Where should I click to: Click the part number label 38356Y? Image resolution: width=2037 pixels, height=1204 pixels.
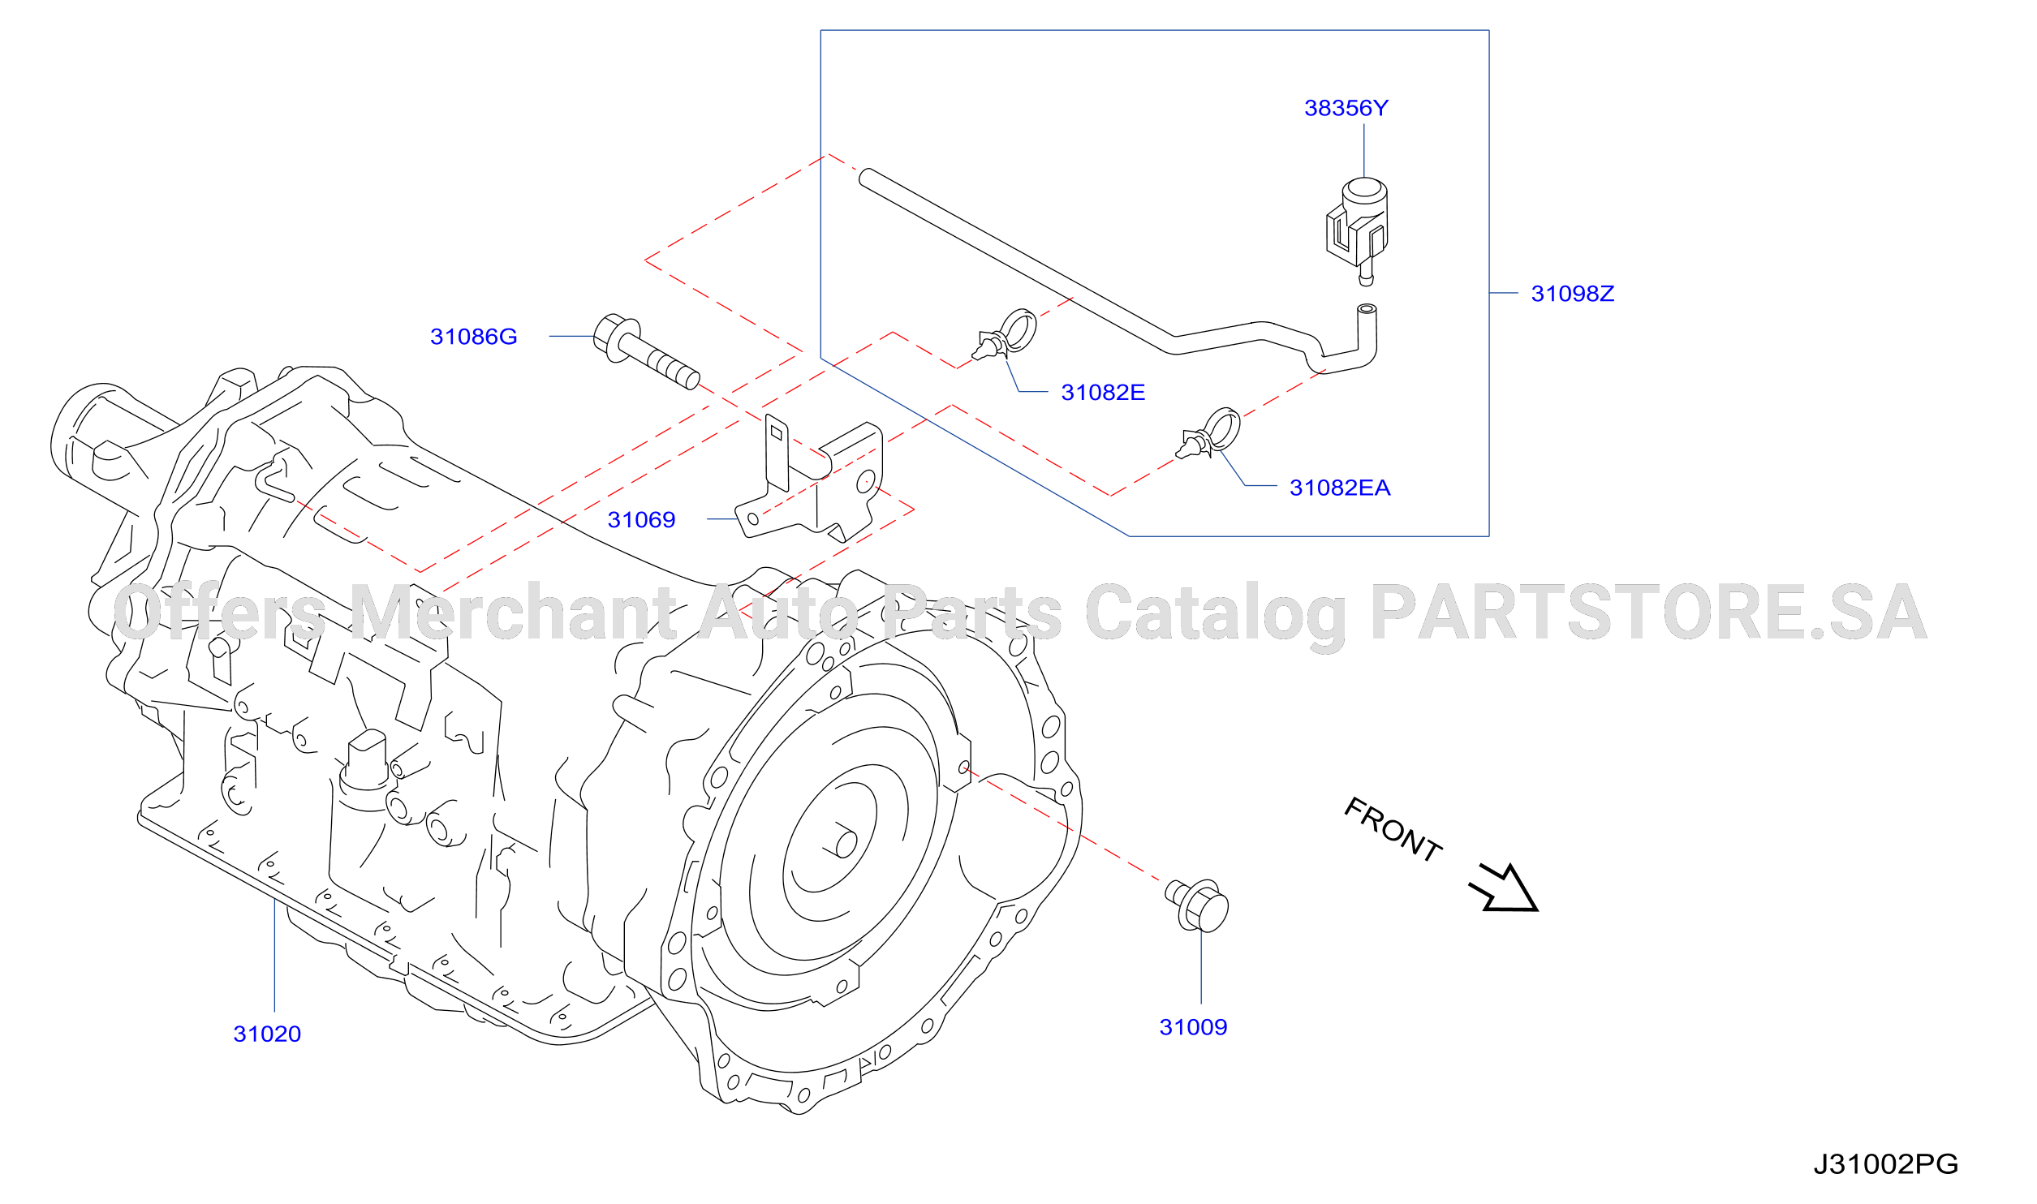1346,108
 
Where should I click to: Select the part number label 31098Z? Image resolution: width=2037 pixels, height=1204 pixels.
1572,294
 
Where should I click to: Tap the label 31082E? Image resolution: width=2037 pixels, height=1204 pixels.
1103,393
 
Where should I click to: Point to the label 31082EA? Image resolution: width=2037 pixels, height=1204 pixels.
1340,488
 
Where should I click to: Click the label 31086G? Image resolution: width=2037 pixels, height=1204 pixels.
473,337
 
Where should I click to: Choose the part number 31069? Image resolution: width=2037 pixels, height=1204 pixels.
641,520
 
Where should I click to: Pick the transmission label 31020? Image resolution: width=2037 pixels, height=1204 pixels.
267,1034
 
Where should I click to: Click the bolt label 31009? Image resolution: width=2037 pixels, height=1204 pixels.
1193,1028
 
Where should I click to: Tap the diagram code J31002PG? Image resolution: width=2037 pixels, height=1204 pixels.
1885,1164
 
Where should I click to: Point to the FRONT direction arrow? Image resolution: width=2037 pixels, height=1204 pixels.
1505,889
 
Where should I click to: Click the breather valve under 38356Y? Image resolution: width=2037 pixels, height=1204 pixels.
1358,231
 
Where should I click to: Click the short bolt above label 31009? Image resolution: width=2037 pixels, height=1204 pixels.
1197,905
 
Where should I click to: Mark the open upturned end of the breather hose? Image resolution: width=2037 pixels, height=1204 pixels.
1367,309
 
